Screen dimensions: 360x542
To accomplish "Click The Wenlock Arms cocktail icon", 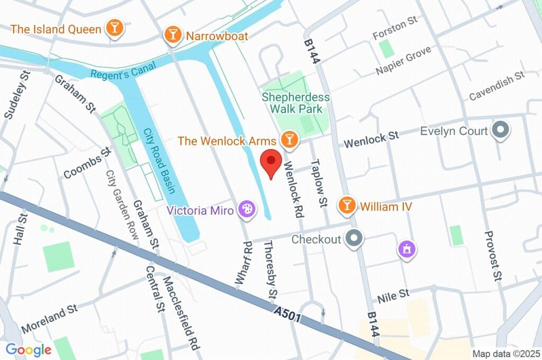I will click(x=289, y=140).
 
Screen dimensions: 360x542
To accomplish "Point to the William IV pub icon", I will click(x=347, y=205).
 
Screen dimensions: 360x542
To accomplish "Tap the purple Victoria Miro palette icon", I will click(x=245, y=209).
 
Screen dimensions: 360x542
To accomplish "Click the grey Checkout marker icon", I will click(x=353, y=239).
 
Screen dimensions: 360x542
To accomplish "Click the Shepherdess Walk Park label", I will click(x=296, y=103).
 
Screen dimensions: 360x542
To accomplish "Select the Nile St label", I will click(x=393, y=295).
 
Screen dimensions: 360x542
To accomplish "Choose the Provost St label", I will click(x=493, y=255).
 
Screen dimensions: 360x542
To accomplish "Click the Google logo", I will click(x=29, y=349).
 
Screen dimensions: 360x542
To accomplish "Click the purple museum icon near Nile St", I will click(x=406, y=249).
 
